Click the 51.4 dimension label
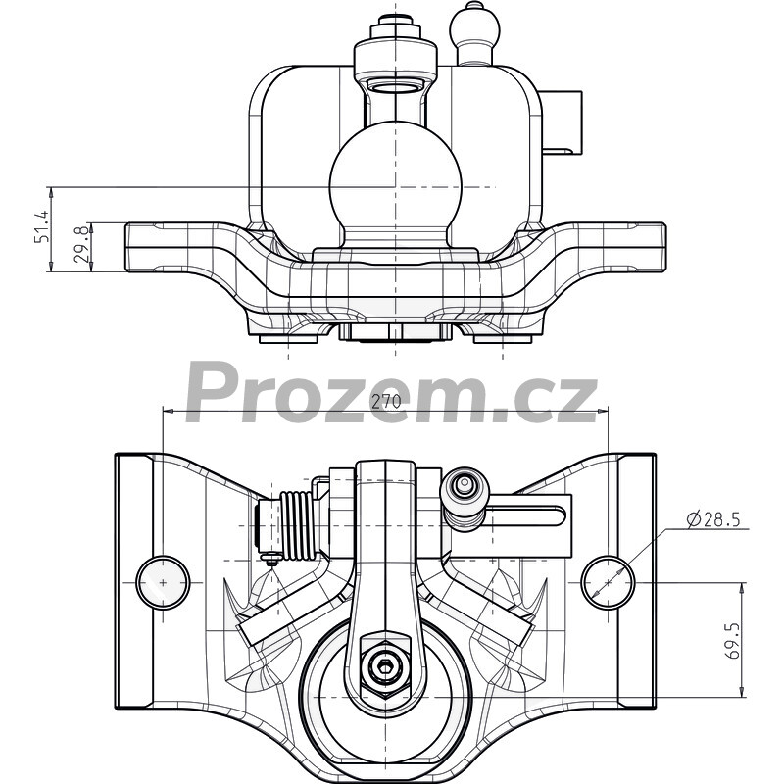pyautogui.click(x=41, y=226)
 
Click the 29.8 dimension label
pyautogui.click(x=81, y=244)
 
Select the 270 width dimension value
pyautogui.click(x=386, y=402)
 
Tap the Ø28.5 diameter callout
pyautogui.click(x=713, y=520)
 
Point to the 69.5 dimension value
pyautogui.click(x=733, y=641)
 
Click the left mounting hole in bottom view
pyautogui.click(x=163, y=582)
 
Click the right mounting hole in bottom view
pyautogui.click(x=608, y=582)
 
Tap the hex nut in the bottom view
pyautogui.click(x=384, y=665)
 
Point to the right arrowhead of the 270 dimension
pyautogui.click(x=603, y=411)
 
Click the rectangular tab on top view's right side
pyautogui.click(x=562, y=123)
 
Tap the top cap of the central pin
pyautogui.click(x=394, y=21)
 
